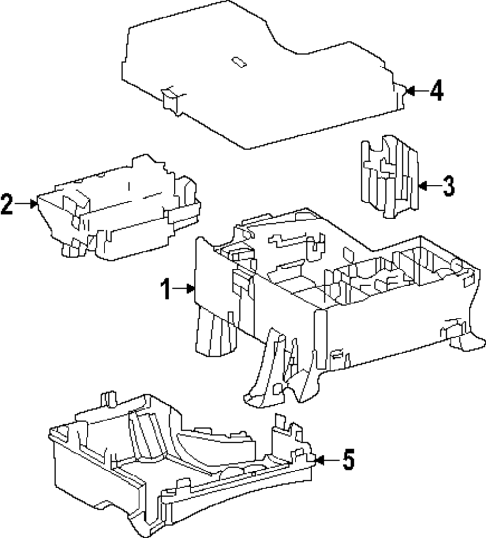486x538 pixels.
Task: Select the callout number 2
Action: [7, 204]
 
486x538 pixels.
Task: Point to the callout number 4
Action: [436, 90]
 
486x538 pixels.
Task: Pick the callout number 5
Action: [348, 459]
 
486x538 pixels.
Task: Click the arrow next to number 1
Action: [185, 289]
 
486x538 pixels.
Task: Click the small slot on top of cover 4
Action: [239, 62]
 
